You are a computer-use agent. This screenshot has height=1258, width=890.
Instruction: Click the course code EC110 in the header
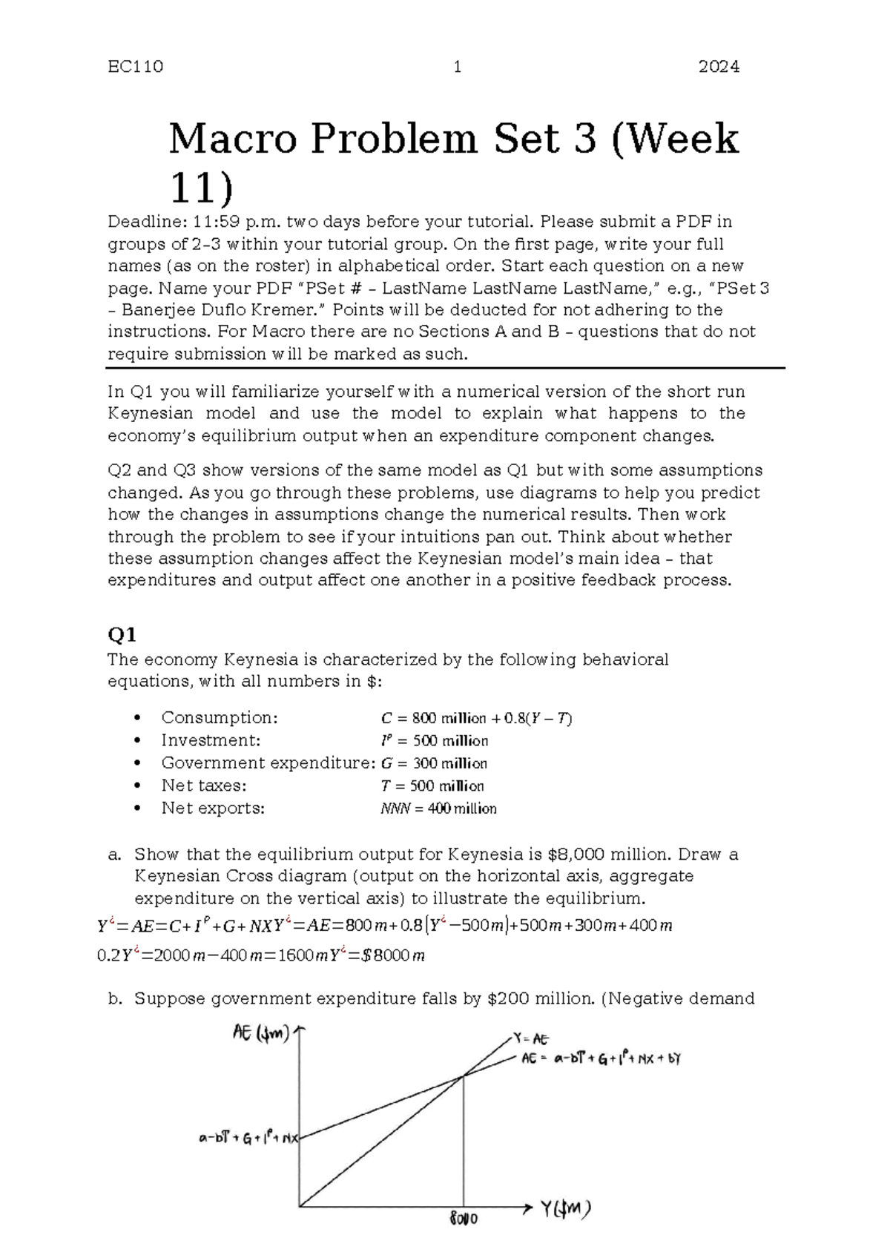pos(135,67)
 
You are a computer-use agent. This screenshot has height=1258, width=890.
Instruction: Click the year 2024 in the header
pos(719,67)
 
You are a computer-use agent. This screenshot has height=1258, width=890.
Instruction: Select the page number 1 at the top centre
pos(458,67)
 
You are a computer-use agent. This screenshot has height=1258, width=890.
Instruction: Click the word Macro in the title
pos(237,139)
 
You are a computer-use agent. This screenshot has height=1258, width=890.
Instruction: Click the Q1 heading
pos(122,635)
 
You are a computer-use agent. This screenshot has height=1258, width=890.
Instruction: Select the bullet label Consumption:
pos(220,717)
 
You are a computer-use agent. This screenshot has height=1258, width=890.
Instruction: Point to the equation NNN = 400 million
pos(438,809)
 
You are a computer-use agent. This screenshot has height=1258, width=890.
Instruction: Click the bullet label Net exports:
pos(213,809)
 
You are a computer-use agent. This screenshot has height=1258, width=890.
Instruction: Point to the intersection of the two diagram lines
pos(464,1076)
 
